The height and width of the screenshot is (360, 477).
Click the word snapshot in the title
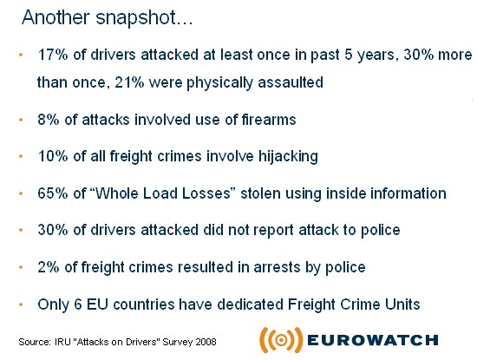(x=144, y=18)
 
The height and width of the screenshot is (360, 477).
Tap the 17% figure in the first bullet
(x=53, y=55)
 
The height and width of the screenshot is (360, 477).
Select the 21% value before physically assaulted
(x=129, y=82)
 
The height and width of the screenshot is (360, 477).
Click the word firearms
(x=269, y=120)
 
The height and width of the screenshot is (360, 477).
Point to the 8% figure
(x=49, y=120)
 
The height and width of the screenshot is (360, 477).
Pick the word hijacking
(x=288, y=157)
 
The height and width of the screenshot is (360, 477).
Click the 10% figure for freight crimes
(x=53, y=156)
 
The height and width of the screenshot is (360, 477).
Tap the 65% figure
(x=53, y=193)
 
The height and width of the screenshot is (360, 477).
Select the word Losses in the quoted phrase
(x=209, y=193)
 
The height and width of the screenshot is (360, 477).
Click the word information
(x=408, y=193)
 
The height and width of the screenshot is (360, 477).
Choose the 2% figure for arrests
(x=49, y=267)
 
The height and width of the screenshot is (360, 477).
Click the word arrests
(x=277, y=267)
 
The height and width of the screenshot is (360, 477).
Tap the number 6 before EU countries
(x=78, y=304)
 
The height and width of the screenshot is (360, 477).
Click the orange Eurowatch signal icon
(x=281, y=340)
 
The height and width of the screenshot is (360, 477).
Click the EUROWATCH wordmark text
(x=373, y=340)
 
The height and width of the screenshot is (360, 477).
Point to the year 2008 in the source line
(x=206, y=342)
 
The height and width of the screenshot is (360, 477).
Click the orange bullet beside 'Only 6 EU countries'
(x=21, y=304)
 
